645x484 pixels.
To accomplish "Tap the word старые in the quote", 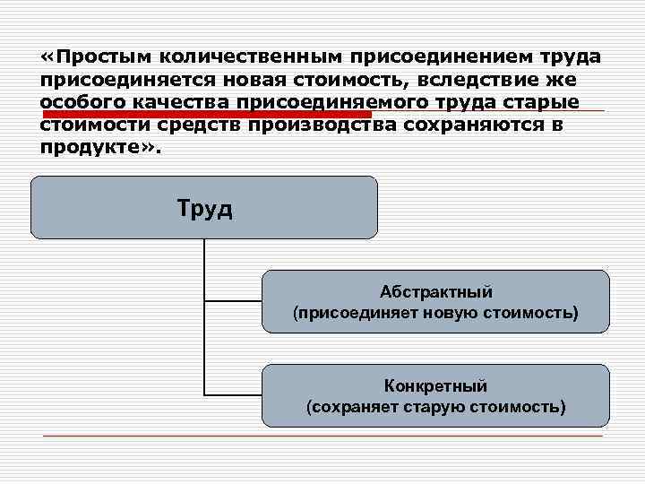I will click(546, 101).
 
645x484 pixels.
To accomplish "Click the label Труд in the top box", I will click(204, 209).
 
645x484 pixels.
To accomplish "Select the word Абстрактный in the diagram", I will click(435, 292).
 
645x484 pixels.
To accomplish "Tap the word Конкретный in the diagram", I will click(435, 386).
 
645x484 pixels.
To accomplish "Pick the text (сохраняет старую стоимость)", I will click(435, 407).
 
